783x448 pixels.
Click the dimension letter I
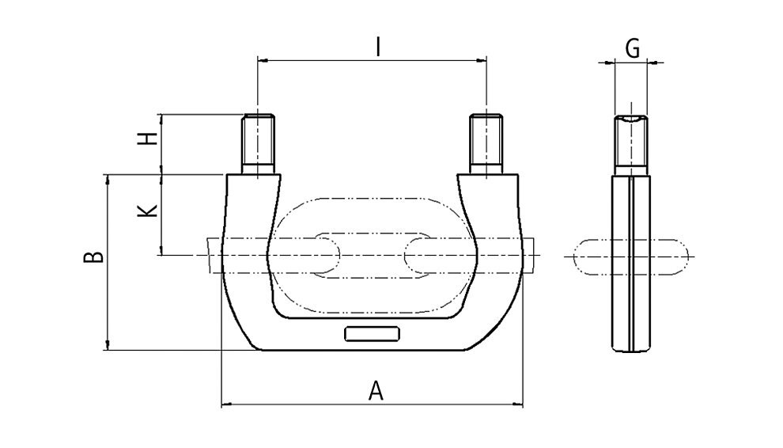(379, 47)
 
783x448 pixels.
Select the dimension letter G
(632, 49)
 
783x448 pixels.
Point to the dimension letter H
(148, 139)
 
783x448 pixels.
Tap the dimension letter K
(148, 210)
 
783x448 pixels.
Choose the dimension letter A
(376, 390)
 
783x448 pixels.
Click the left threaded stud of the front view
(258, 144)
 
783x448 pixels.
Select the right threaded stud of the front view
(486, 144)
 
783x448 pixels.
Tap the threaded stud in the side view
(631, 145)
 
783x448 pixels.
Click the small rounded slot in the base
(372, 334)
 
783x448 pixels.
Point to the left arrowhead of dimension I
(263, 60)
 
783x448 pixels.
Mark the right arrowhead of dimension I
(482, 60)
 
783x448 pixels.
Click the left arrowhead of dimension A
(227, 403)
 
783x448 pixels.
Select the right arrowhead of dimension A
(517, 403)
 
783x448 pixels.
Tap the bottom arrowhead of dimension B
(108, 344)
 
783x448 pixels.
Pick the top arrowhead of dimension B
(108, 180)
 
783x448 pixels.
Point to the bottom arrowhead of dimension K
(161, 250)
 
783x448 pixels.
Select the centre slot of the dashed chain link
(373, 256)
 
